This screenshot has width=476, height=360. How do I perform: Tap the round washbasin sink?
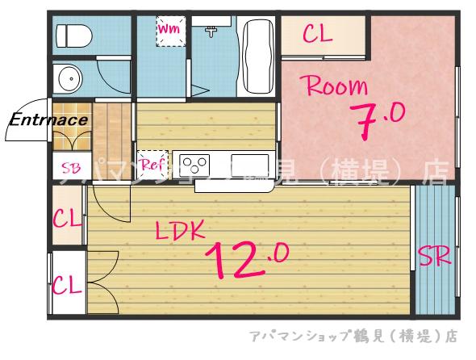pos(67,80)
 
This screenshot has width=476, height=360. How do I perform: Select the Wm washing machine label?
pos(169,29)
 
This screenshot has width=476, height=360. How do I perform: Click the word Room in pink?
pos(334,86)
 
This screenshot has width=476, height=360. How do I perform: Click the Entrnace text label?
pos(48,121)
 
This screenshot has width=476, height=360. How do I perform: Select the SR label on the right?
pos(434,257)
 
